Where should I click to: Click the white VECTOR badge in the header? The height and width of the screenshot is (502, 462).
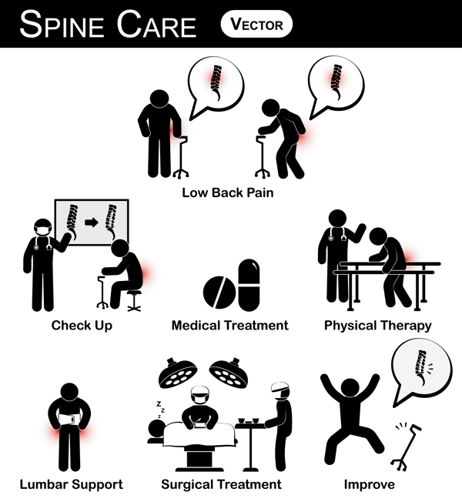[256, 25]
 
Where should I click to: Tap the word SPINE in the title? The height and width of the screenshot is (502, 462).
[62, 25]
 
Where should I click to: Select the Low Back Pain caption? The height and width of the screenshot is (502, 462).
[228, 192]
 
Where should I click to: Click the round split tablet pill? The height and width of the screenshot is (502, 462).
[219, 293]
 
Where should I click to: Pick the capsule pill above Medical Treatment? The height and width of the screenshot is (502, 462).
[249, 285]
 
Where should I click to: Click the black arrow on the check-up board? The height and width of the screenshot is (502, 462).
[92, 223]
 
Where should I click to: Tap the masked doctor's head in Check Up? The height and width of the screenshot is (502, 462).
[43, 228]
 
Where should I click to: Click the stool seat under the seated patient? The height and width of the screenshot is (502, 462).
[134, 292]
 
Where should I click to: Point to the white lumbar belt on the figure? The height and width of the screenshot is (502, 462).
[69, 419]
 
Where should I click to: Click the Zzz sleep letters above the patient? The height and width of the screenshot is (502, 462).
[160, 410]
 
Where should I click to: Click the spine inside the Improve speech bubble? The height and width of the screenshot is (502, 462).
[421, 367]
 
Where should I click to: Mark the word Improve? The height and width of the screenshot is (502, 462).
[369, 484]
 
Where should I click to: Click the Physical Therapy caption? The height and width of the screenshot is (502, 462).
[378, 326]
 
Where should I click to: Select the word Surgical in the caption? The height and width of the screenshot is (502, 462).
[186, 484]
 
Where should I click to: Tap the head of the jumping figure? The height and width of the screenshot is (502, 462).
[350, 388]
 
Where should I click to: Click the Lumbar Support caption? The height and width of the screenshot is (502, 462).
[72, 484]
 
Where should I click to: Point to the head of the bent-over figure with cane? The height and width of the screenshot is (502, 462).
[271, 108]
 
